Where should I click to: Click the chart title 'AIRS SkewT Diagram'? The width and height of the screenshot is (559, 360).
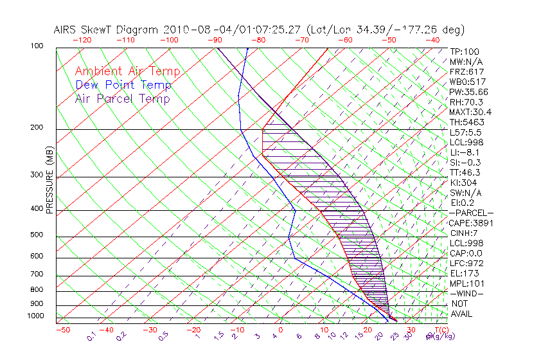[106, 30]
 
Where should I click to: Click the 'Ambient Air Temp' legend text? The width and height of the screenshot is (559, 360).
[127, 71]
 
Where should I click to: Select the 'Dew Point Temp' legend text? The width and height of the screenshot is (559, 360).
[123, 85]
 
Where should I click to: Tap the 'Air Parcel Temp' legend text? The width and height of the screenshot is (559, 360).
[123, 98]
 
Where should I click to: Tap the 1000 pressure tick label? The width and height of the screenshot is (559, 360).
[36, 316]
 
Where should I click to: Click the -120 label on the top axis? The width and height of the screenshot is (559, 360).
[82, 40]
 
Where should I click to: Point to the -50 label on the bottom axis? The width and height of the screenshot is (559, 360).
[62, 330]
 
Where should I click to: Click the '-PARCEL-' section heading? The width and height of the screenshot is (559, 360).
[471, 213]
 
